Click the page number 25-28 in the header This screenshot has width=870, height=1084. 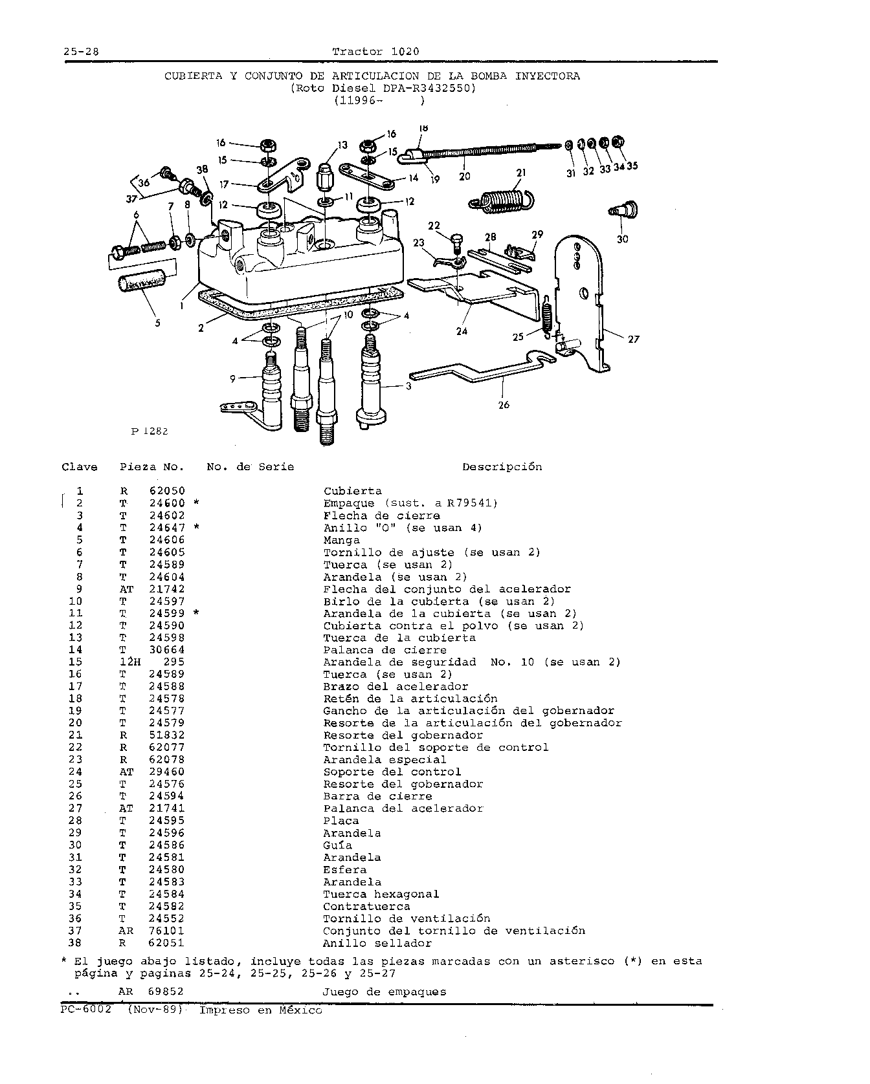pos(81,52)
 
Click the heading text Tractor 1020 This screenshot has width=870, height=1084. pos(375,52)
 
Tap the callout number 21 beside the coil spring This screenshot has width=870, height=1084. pos(521,173)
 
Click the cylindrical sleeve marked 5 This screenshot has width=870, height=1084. pos(142,283)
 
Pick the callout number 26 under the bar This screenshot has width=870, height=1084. pos(504,405)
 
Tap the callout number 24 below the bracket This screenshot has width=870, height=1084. pos(462,331)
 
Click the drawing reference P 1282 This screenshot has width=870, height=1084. pos(150,431)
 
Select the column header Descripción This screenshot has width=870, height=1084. pos(502,467)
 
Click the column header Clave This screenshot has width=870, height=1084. pos(80,467)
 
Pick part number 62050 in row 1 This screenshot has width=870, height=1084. pos(167,492)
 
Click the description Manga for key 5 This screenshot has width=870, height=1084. pos(342,540)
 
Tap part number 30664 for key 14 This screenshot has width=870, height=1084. pos(167,650)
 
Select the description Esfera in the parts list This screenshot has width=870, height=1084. pos(345,870)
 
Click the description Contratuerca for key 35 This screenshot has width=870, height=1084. pos(367,907)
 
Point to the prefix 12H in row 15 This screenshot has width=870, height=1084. pos(129,662)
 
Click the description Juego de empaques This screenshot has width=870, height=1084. pos(385,992)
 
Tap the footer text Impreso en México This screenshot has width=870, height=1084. pos(260,1010)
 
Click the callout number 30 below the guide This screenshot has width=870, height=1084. pos(622,239)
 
